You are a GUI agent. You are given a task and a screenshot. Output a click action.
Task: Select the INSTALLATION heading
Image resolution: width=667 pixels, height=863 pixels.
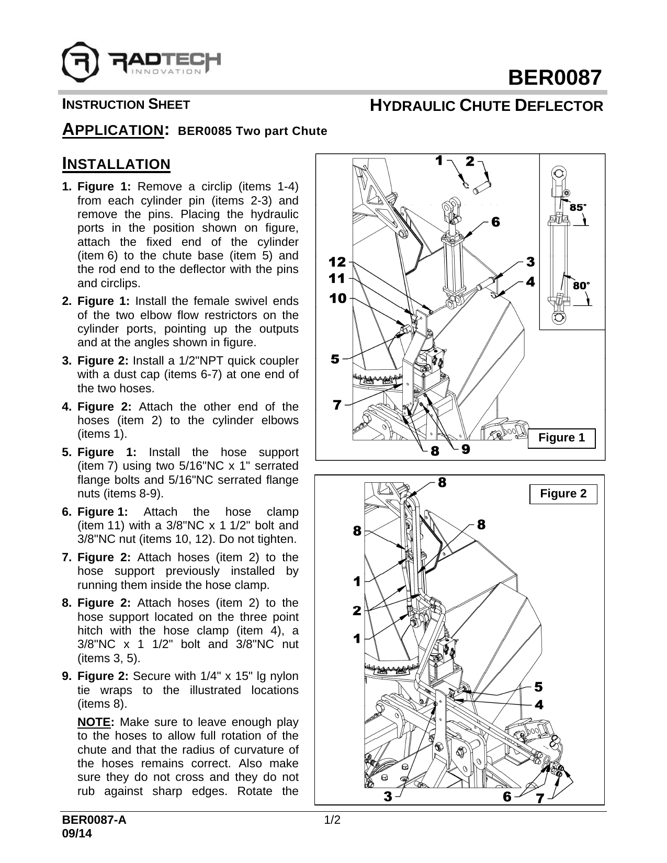pyautogui.click(x=116, y=164)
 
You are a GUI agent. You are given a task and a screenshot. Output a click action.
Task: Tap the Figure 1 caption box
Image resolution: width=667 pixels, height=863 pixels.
pyautogui.click(x=561, y=438)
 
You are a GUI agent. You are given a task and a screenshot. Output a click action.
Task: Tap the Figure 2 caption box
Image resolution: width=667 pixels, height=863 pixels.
pyautogui.click(x=563, y=494)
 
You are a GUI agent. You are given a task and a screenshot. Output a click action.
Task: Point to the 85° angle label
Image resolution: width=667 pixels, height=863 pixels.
pyautogui.click(x=577, y=207)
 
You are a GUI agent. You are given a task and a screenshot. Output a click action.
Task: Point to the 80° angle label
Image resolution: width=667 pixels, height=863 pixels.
pyautogui.click(x=581, y=286)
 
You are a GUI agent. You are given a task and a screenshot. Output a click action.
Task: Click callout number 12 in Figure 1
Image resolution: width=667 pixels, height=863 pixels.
pyautogui.click(x=337, y=261)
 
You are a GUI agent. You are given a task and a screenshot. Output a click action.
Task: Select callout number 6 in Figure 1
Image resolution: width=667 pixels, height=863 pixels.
pyautogui.click(x=495, y=222)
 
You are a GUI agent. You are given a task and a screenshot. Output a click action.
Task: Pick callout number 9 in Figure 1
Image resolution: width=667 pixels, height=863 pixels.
pyautogui.click(x=466, y=449)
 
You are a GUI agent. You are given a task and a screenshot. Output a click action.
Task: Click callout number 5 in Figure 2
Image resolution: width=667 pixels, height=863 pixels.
pyautogui.click(x=538, y=686)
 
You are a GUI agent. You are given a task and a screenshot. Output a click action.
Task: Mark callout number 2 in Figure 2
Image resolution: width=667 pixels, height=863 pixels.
pyautogui.click(x=357, y=610)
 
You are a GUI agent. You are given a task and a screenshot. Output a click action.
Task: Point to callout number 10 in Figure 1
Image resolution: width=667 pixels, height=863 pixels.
pyautogui.click(x=338, y=299)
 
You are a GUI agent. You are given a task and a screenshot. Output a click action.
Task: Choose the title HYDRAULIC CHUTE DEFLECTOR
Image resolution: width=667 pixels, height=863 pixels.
pyautogui.click(x=486, y=106)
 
